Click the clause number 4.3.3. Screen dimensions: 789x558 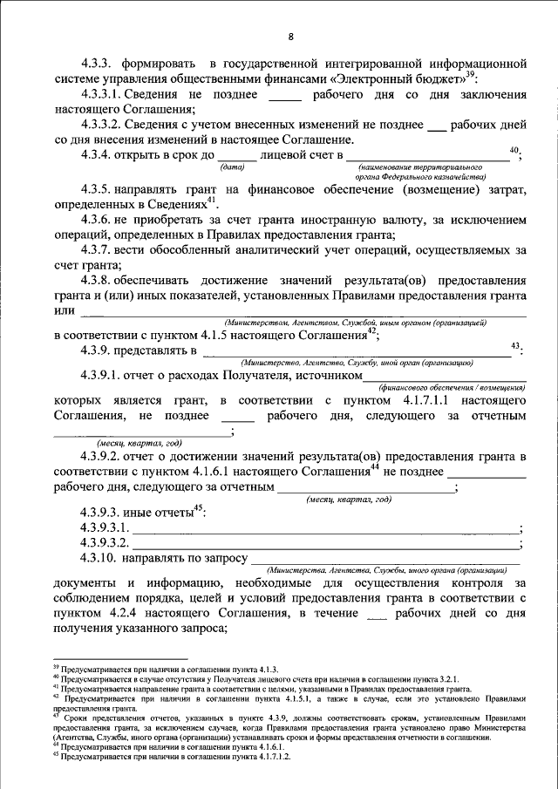point(97,65)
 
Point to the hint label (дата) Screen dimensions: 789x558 point(233,166)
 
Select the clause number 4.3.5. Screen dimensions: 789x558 point(97,187)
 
